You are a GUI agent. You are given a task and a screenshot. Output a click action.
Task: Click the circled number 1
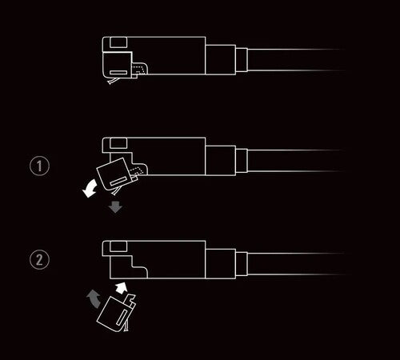point(39,166)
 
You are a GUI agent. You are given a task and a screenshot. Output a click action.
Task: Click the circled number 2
point(39,259)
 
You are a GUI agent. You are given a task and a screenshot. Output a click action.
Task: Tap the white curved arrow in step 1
point(90,189)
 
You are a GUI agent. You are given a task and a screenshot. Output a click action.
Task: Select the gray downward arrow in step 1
point(115,207)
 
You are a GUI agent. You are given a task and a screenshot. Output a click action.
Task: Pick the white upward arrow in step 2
point(121,288)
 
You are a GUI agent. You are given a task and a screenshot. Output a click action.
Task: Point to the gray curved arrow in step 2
point(94,298)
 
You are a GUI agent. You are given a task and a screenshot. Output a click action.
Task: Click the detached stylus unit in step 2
point(117,313)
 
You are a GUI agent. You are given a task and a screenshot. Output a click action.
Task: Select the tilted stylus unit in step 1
point(117,175)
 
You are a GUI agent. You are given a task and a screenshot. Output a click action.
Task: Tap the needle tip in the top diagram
point(110,83)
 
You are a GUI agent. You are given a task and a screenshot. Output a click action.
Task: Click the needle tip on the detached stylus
point(127,330)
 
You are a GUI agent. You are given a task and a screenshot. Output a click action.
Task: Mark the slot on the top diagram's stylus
point(118,73)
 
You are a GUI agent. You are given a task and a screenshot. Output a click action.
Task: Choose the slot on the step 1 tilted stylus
point(119,181)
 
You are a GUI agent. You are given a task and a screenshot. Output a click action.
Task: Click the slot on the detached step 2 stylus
point(122,318)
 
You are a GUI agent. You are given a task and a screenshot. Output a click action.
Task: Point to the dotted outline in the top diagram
point(139,70)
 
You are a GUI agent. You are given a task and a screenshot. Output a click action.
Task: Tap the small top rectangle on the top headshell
point(118,42)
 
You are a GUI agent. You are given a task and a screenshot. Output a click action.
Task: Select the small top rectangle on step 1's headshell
point(118,142)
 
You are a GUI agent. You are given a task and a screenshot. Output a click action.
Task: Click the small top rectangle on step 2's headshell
point(118,246)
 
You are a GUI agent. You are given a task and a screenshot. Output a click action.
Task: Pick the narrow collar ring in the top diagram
point(242,60)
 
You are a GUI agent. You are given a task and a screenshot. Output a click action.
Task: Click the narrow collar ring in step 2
point(242,264)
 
